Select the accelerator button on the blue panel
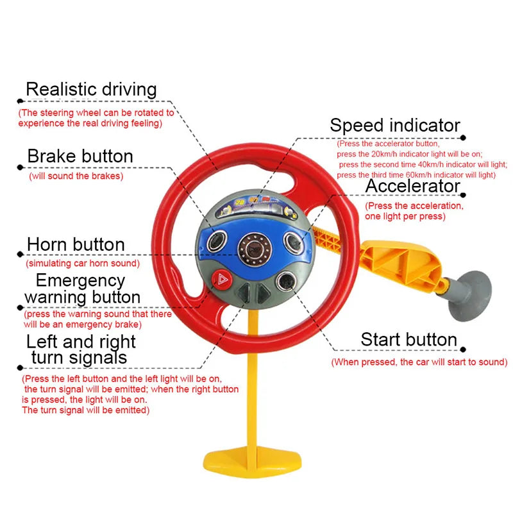coord(294,242)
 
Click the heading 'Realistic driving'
coord(91,89)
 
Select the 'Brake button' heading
coord(80,156)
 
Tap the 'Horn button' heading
coord(76,244)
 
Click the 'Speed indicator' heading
coord(395,125)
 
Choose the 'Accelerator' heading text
coord(413,186)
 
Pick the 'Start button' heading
coord(408,339)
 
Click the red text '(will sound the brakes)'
coord(76,176)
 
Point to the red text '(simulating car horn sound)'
coord(82,263)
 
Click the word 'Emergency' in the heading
coord(80,280)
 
